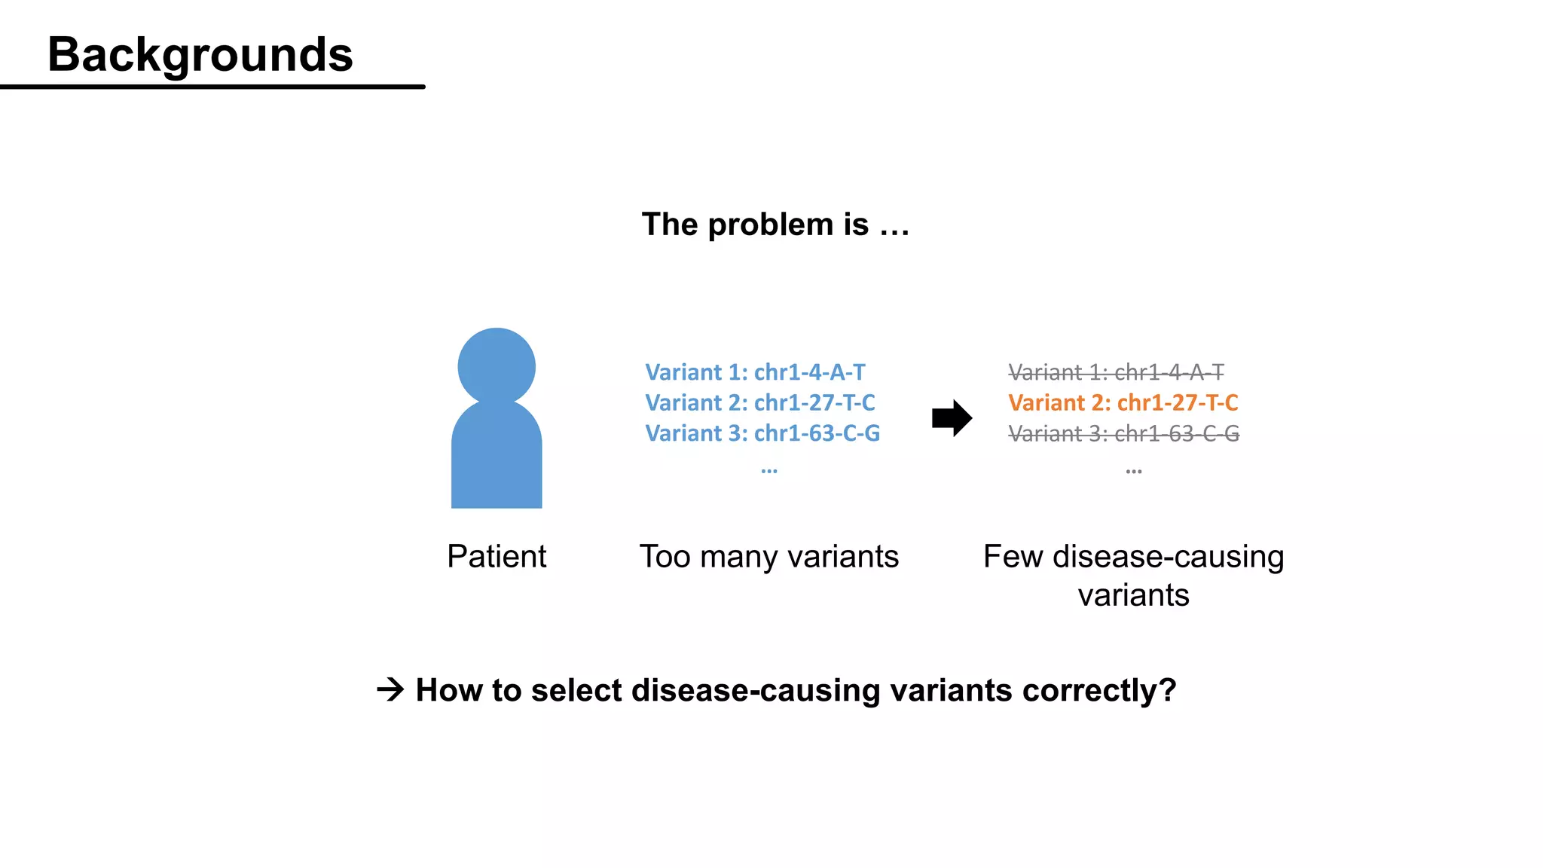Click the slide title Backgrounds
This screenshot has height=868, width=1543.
pos(200,55)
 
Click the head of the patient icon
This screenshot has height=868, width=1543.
pos(497,366)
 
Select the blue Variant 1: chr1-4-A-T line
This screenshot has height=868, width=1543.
pos(755,372)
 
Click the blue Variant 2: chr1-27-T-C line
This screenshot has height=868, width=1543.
pos(759,403)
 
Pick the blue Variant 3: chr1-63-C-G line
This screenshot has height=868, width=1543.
pos(762,433)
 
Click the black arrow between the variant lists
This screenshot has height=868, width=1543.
pos(952,417)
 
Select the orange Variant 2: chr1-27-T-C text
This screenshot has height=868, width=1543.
pos(1123,403)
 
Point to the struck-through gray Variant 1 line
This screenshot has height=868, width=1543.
pos(1116,372)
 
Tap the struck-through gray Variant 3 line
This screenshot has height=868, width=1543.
pos(1123,434)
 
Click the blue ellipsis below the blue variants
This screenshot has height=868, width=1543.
pos(768,471)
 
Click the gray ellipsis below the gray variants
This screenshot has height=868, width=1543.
pos(1133,472)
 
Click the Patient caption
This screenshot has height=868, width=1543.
pos(497,557)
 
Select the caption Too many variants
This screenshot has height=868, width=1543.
pos(768,557)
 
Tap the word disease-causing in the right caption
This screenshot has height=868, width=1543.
pos(1168,557)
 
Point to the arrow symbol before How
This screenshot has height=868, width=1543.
pos(390,689)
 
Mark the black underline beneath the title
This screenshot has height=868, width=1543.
pos(212,87)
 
